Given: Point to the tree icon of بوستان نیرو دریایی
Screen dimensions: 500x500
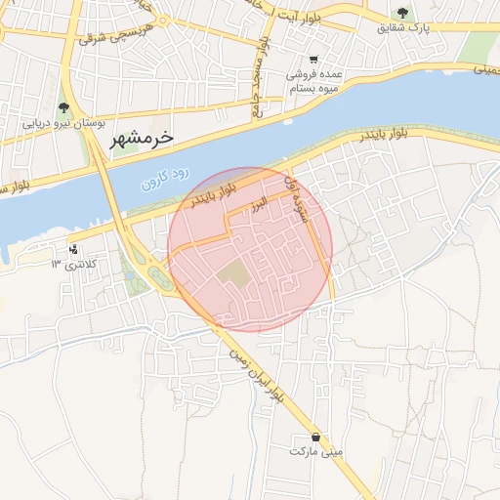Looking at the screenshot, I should pyautogui.click(x=63, y=107).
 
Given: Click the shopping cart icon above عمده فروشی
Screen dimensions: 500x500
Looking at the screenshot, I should pyautogui.click(x=312, y=60).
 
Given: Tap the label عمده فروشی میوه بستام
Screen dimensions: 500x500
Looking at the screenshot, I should pyautogui.click(x=312, y=81).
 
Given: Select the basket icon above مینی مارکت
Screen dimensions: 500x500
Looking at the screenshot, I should pyautogui.click(x=315, y=437).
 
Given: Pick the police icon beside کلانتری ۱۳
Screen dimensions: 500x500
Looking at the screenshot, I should pyautogui.click(x=74, y=249).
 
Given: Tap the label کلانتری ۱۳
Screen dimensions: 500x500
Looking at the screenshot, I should pyautogui.click(x=74, y=264).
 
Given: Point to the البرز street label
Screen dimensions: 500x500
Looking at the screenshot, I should pyautogui.click(x=256, y=209).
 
